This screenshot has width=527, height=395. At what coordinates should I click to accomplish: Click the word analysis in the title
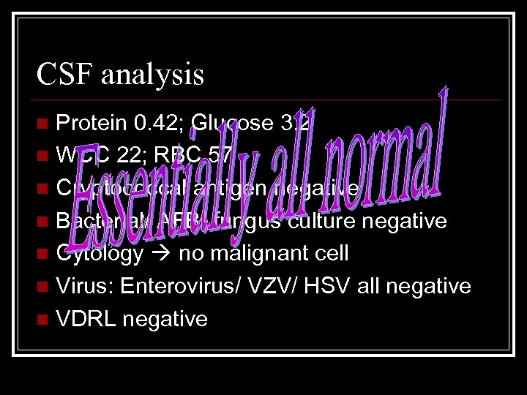(154, 75)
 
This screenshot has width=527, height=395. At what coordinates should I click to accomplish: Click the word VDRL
(83, 319)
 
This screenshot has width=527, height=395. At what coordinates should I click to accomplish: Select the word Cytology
(100, 255)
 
